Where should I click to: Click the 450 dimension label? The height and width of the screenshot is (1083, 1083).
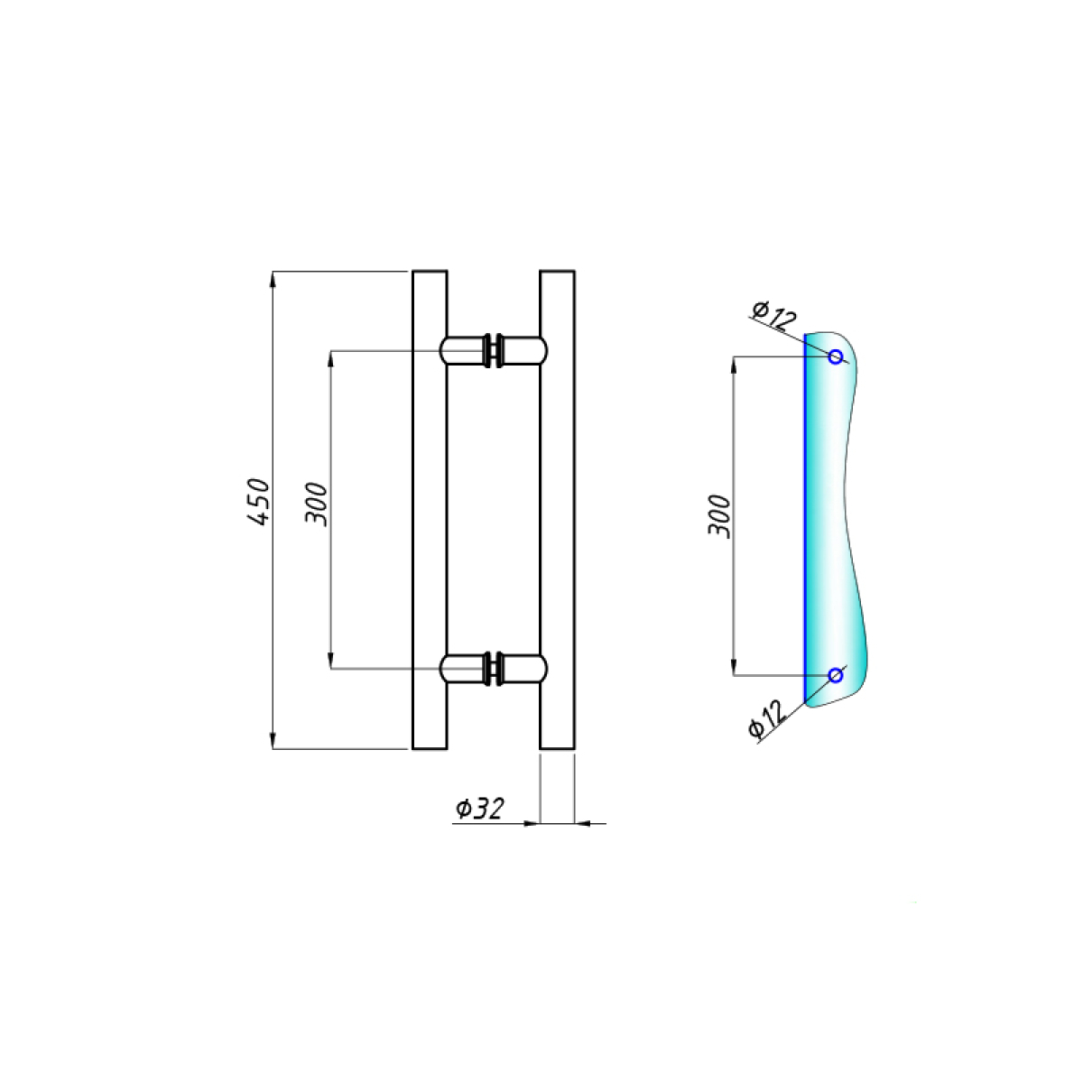pyautogui.click(x=259, y=502)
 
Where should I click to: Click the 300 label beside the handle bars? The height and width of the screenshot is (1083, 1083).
pyautogui.click(x=316, y=504)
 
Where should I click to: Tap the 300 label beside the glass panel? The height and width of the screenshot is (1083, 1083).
pyautogui.click(x=719, y=516)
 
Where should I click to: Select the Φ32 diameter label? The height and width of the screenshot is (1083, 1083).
pyautogui.click(x=480, y=809)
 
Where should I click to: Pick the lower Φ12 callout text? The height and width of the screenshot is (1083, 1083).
pyautogui.click(x=766, y=718)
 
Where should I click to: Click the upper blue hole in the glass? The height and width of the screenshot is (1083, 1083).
pyautogui.click(x=836, y=356)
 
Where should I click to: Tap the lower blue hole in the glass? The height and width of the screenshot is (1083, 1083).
pyautogui.click(x=836, y=675)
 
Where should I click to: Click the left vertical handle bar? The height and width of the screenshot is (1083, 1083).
pyautogui.click(x=430, y=510)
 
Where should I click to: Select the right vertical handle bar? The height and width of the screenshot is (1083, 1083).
pyautogui.click(x=557, y=510)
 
